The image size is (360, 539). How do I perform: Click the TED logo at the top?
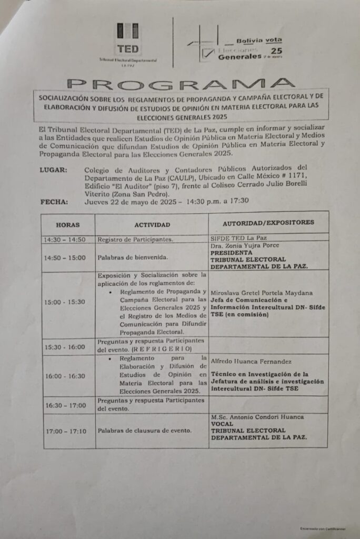point(128,39)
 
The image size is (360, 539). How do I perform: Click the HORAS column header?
point(68,224)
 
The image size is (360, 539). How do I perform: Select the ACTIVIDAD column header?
point(152,224)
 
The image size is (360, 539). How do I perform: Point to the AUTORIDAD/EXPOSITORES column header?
point(268,222)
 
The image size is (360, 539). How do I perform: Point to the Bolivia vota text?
point(258,40)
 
